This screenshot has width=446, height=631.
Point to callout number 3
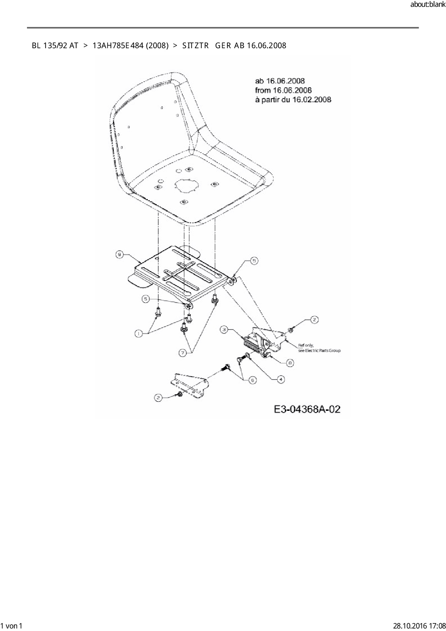[x=224, y=329]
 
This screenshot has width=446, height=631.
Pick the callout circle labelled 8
[x=290, y=363]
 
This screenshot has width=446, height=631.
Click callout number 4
[x=281, y=379]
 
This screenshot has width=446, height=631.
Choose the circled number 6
[x=253, y=380]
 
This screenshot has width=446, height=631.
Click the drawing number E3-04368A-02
[x=307, y=409]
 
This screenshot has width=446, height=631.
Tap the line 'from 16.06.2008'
[x=283, y=90]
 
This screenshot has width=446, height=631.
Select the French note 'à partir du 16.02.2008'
[x=293, y=99]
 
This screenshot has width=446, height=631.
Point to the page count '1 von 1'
[x=12, y=626]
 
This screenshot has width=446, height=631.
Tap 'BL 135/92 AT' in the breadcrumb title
[x=55, y=46]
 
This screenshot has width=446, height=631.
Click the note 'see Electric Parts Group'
[x=319, y=350]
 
